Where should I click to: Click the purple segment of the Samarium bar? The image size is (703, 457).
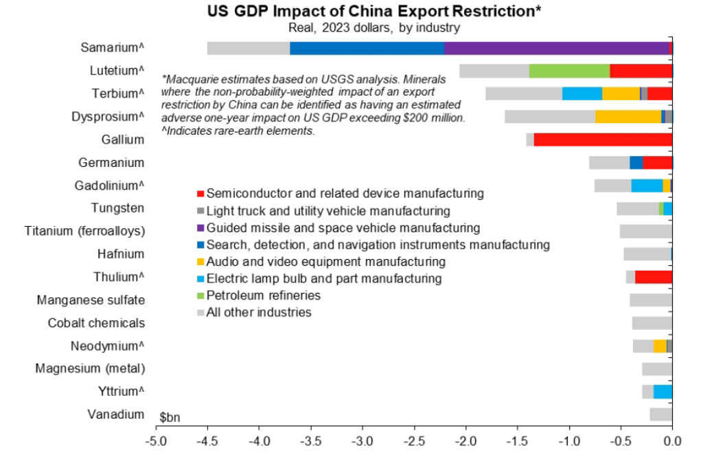tap(556, 48)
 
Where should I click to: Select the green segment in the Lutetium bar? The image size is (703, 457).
tap(569, 71)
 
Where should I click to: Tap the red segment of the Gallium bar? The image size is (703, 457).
tap(603, 140)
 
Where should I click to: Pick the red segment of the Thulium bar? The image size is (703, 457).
tap(654, 277)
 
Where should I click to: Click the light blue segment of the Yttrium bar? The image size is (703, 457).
tap(662, 392)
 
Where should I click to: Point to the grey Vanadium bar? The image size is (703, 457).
tap(660, 414)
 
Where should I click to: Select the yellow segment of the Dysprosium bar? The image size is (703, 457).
tap(627, 117)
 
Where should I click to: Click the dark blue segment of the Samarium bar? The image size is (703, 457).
tap(367, 48)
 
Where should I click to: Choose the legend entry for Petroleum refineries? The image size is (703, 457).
tap(263, 296)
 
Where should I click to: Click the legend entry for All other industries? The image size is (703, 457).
tap(258, 313)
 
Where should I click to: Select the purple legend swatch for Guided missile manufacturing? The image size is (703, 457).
tap(200, 228)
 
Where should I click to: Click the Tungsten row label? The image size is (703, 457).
tap(117, 208)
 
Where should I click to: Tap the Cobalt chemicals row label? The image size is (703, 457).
tap(96, 322)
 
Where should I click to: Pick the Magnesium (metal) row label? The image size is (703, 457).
tap(90, 368)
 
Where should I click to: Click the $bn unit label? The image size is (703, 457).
tap(170, 417)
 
